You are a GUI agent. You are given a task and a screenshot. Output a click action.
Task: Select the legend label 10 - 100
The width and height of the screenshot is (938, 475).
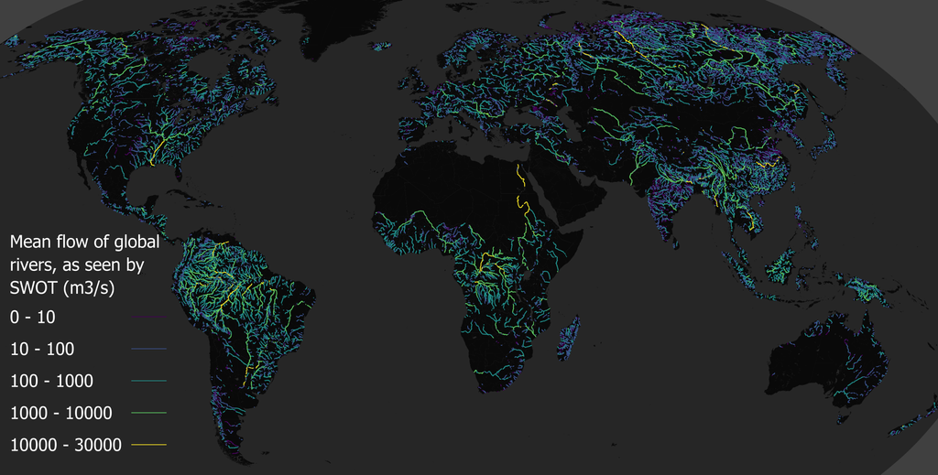coord(42,349)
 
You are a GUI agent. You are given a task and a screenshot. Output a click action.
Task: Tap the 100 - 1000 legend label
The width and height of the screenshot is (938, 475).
coord(51,381)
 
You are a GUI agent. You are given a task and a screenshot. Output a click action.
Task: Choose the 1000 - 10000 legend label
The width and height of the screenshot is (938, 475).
coord(60,413)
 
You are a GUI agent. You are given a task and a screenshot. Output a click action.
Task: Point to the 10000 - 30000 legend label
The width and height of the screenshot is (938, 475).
coord(65,445)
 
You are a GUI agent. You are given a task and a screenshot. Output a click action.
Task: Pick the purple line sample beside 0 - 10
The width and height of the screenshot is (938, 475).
coord(149,318)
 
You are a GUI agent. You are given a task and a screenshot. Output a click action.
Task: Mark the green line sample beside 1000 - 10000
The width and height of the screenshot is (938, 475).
coord(149,414)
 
